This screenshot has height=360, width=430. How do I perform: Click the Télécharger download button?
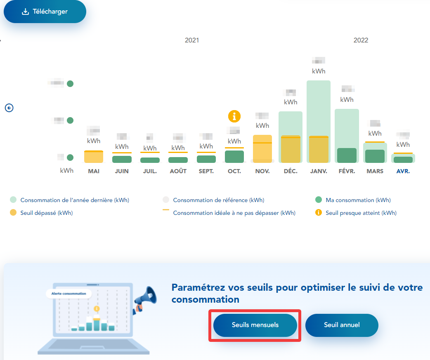pyautogui.click(x=45, y=12)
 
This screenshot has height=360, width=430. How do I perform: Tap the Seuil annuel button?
pyautogui.click(x=342, y=325)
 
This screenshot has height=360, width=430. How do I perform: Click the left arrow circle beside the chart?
pyautogui.click(x=9, y=108)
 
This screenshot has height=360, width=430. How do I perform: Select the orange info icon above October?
pyautogui.click(x=234, y=116)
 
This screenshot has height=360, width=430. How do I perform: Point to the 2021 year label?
pyautogui.click(x=192, y=40)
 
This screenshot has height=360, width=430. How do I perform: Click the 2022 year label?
pyautogui.click(x=361, y=40)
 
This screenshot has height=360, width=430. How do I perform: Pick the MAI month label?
pyautogui.click(x=94, y=171)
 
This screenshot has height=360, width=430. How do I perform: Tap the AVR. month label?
pyautogui.click(x=403, y=171)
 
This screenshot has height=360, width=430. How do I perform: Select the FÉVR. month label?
pyautogui.click(x=347, y=171)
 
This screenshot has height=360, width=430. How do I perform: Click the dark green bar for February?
pyautogui.click(x=347, y=155)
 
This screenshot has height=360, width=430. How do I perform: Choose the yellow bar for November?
pyautogui.click(x=262, y=149)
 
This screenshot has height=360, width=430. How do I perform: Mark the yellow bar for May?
pyautogui.click(x=94, y=157)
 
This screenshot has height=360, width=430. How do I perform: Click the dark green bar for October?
pyautogui.click(x=234, y=157)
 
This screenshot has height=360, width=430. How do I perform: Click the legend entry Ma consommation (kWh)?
pyautogui.click(x=358, y=200)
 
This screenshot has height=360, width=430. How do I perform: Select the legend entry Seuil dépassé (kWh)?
pyautogui.click(x=46, y=213)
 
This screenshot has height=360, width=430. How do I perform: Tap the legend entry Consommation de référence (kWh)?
pyautogui.click(x=218, y=200)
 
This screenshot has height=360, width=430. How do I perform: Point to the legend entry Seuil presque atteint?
pyautogui.click(x=361, y=213)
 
